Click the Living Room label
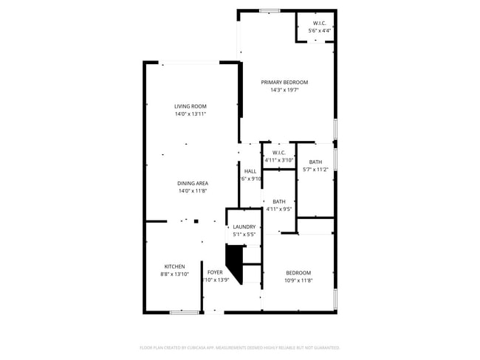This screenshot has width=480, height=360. click(x=190, y=106)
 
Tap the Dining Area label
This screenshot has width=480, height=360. click(x=192, y=183)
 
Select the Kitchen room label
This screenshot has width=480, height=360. click(x=174, y=266)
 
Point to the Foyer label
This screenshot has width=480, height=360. click(x=215, y=272)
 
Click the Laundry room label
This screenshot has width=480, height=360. click(x=244, y=226)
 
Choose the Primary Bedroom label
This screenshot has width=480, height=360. click(x=284, y=82)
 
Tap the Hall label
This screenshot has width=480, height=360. click(x=250, y=171)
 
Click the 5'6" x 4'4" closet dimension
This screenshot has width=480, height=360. click(x=320, y=31)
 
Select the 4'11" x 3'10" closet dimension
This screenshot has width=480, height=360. click(x=279, y=160)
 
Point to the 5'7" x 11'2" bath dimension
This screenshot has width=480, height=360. click(x=315, y=170)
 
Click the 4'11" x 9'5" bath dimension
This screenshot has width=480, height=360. click(x=279, y=210)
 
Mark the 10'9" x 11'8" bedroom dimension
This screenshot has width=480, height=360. click(x=298, y=280)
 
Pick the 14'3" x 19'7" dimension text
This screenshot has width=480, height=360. click(x=284, y=90)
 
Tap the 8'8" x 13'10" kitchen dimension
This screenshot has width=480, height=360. click(x=175, y=274)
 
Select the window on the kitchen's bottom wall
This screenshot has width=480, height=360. click(x=184, y=312)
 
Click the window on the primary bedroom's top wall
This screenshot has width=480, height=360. click(x=270, y=10)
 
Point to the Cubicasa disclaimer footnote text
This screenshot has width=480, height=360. click(x=239, y=347)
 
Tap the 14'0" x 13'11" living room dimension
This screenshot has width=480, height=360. click(x=190, y=114)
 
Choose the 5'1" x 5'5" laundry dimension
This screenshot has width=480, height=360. click(x=244, y=235)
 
